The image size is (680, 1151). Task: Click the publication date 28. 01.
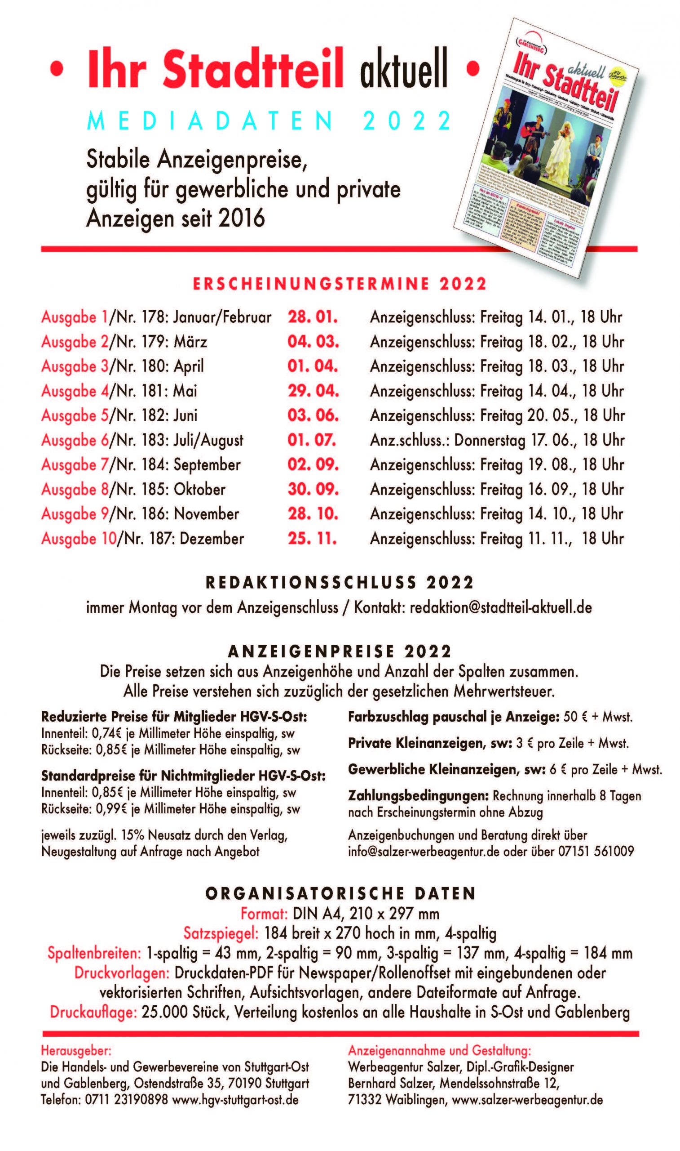pyautogui.click(x=313, y=317)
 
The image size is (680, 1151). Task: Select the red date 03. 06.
pyautogui.click(x=313, y=415)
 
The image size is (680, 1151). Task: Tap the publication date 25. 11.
pyautogui.click(x=312, y=538)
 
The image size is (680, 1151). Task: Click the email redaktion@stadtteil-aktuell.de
pyautogui.click(x=500, y=607)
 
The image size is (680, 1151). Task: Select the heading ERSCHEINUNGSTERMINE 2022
pyautogui.click(x=340, y=284)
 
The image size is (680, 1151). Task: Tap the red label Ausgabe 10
pyautogui.click(x=79, y=538)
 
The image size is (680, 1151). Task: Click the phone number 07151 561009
pyautogui.click(x=596, y=852)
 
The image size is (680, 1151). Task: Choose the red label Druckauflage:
pyautogui.click(x=93, y=1012)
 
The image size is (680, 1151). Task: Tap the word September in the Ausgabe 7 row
pyautogui.click(x=207, y=464)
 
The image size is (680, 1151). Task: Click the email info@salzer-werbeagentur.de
pyautogui.click(x=424, y=852)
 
